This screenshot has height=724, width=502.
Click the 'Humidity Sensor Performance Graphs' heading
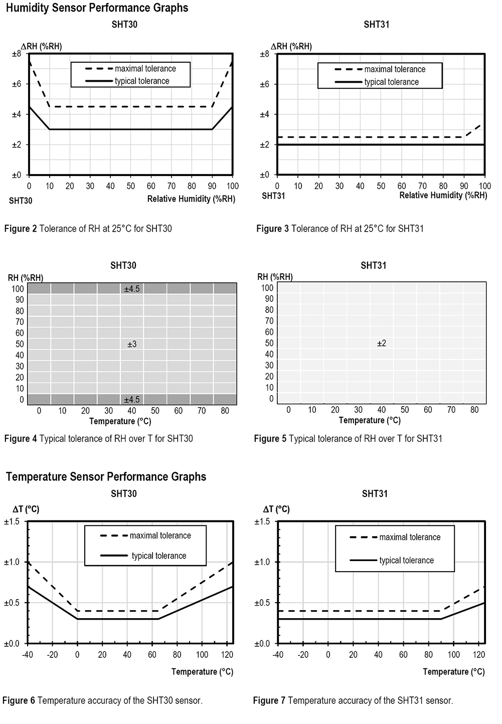[x=97, y=8]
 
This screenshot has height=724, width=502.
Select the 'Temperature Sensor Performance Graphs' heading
[x=106, y=476]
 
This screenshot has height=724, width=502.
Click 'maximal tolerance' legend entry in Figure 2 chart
[x=145, y=69]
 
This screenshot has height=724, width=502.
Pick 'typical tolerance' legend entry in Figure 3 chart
[x=391, y=82]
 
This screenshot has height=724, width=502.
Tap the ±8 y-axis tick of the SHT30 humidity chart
[x=17, y=54]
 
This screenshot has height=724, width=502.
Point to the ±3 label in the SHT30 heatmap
[x=132, y=344]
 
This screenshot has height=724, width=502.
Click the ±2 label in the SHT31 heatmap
[x=382, y=343]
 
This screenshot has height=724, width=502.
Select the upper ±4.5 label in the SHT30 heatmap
[x=132, y=289]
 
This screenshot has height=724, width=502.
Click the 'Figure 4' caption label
[x=21, y=439]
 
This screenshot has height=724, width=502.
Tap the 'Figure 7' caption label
[x=269, y=700]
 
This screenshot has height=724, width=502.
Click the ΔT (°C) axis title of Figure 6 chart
[x=26, y=509]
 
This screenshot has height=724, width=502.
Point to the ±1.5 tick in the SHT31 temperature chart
[x=262, y=522]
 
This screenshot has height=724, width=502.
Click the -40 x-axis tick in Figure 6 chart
[x=28, y=655]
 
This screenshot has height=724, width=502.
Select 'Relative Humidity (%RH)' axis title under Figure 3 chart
[x=443, y=196]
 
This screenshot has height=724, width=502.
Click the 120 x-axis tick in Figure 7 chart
[x=479, y=655]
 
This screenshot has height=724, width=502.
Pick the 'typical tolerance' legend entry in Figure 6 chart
[x=158, y=556]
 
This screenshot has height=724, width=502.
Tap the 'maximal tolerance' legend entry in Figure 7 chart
[x=409, y=537]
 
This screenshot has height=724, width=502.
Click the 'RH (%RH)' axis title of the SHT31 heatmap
[x=275, y=277]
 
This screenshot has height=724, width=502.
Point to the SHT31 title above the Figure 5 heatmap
[x=373, y=266]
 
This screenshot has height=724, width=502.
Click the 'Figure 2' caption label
[x=21, y=229]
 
